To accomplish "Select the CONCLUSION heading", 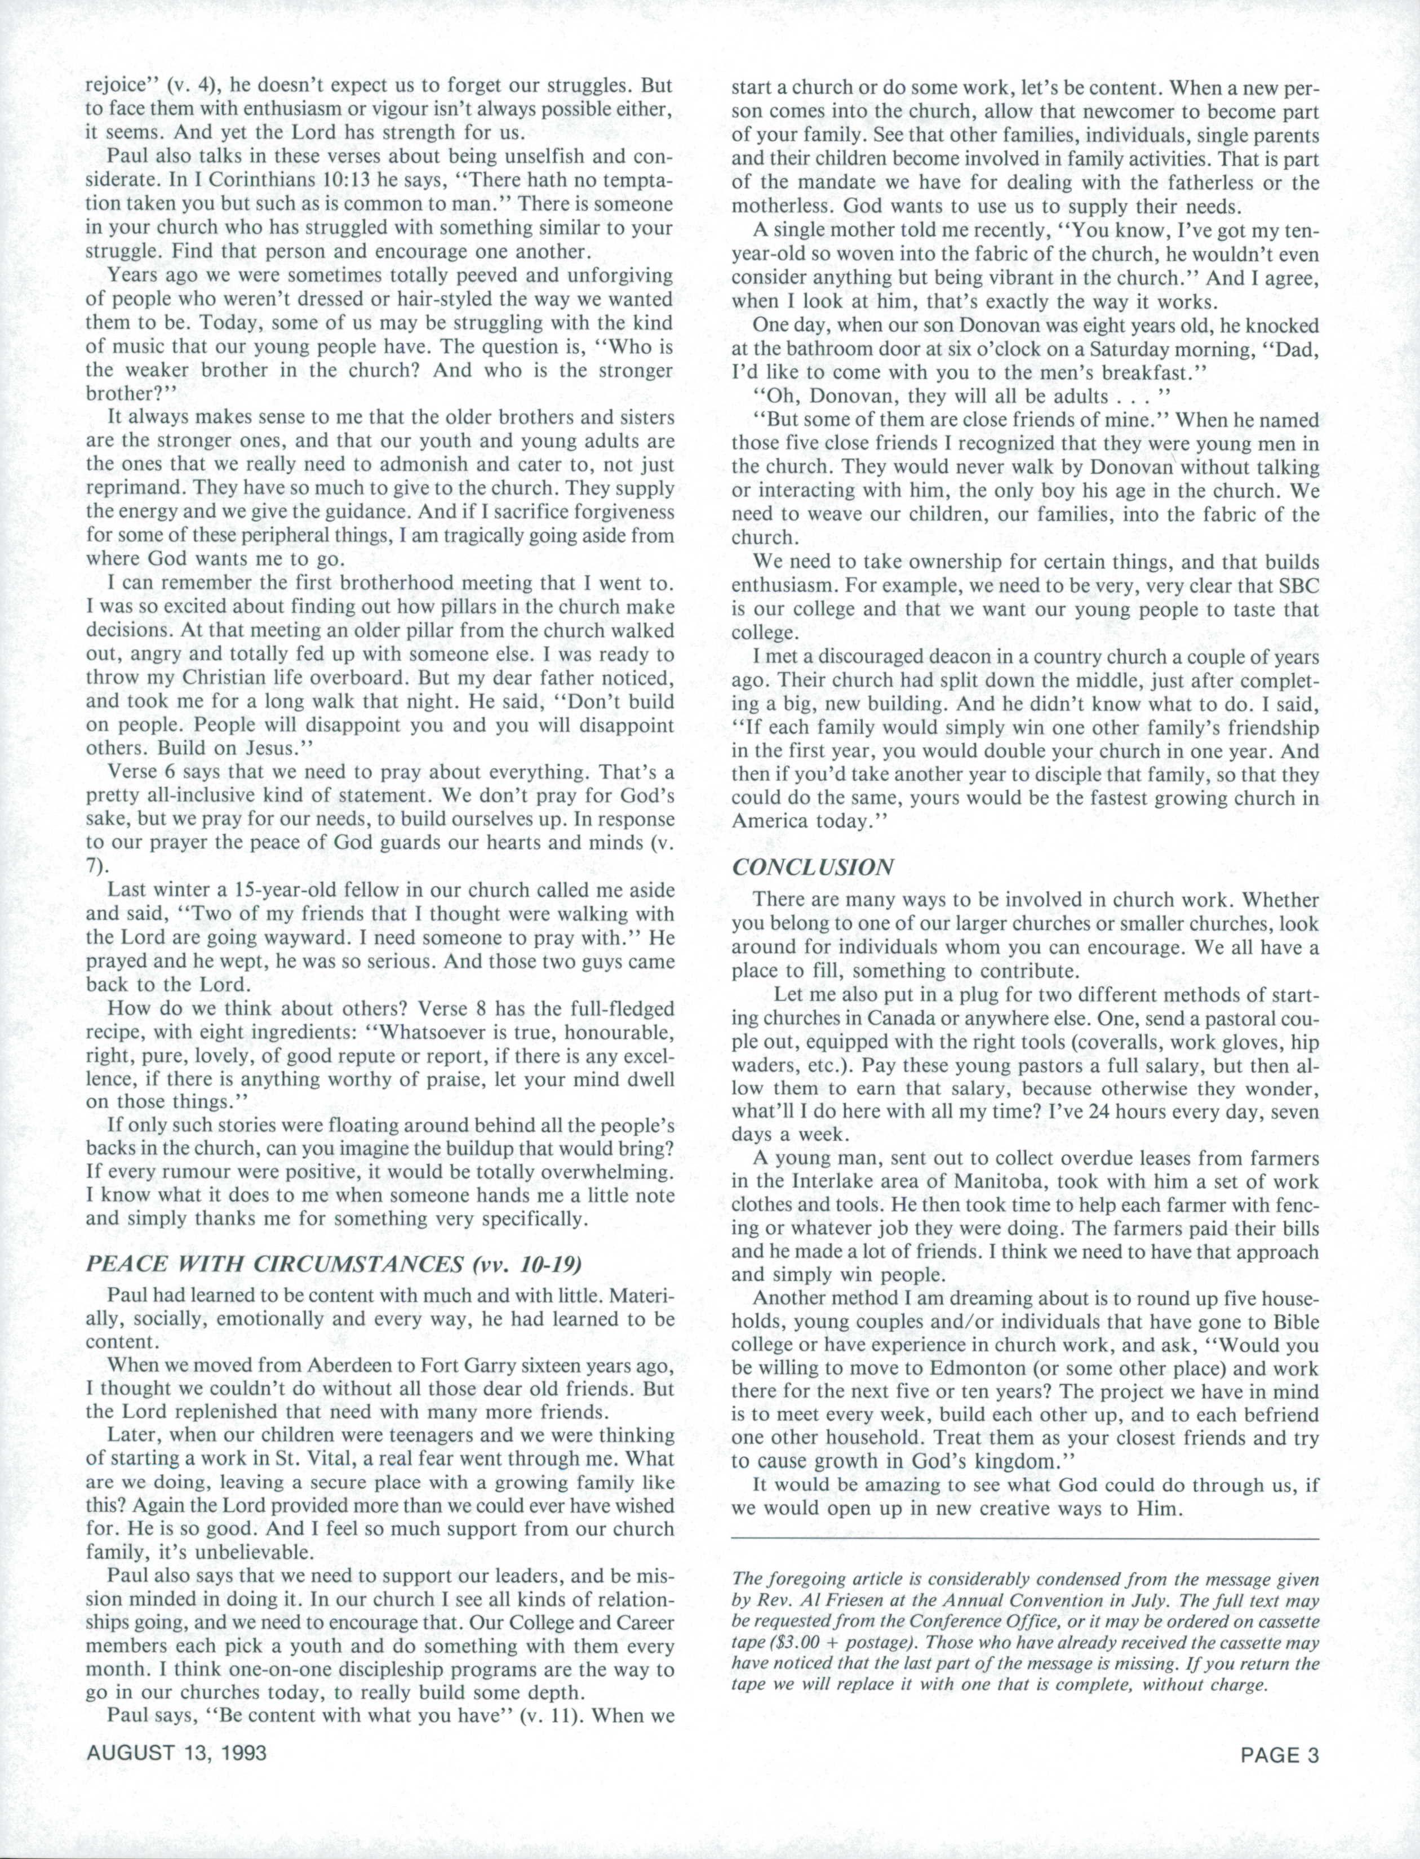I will tap(813, 867).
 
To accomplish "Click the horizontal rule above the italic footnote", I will tap(1024, 1540).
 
